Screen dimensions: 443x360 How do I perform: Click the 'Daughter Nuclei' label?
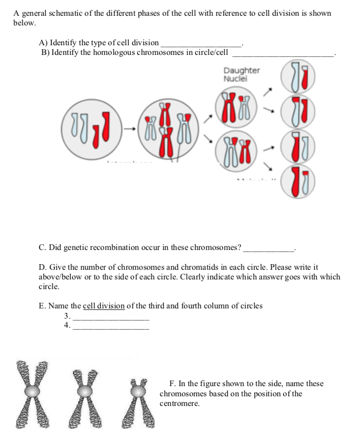click(242, 75)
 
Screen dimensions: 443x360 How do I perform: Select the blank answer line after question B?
click(283, 54)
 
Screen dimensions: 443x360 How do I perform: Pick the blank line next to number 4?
click(111, 328)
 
